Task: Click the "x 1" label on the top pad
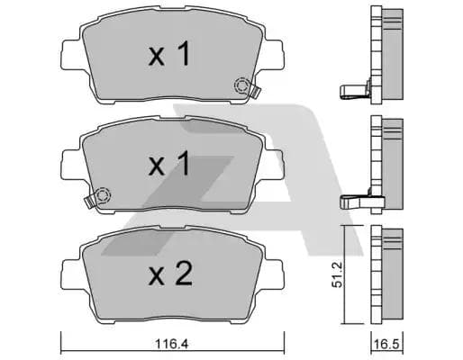[169, 56]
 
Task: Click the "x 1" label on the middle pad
[169, 164]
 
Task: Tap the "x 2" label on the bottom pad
[169, 274]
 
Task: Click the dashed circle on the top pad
[242, 86]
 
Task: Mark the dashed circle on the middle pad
[101, 194]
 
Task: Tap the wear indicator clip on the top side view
[354, 89]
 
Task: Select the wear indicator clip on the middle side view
[354, 201]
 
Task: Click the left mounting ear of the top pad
[69, 52]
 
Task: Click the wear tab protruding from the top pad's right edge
[257, 90]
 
